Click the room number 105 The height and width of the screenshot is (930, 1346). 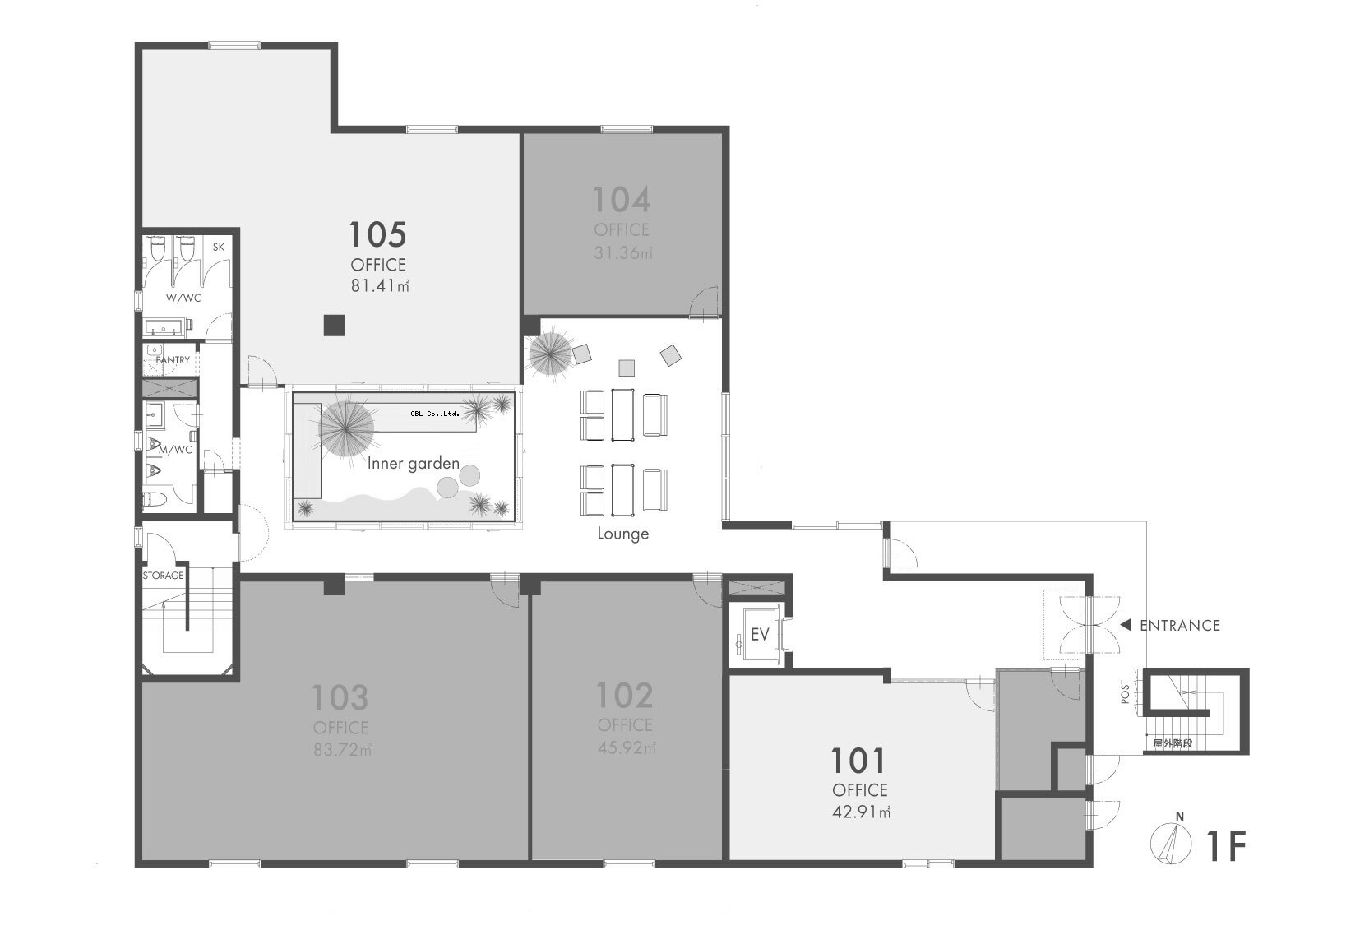click(x=378, y=234)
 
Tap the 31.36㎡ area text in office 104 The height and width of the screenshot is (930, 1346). click(x=623, y=252)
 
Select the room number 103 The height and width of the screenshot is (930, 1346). click(x=340, y=697)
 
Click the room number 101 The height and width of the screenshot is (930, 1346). click(x=858, y=761)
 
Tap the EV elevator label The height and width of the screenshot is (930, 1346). click(x=760, y=635)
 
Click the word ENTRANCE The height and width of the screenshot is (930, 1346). click(x=1180, y=626)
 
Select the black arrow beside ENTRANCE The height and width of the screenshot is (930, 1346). click(x=1126, y=625)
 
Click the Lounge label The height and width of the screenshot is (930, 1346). click(x=623, y=534)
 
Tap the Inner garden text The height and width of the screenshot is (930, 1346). click(x=414, y=463)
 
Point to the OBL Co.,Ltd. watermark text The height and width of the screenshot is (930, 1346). click(x=435, y=414)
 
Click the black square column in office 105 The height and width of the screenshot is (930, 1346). click(x=334, y=325)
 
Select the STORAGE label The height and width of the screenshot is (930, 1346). click(x=163, y=576)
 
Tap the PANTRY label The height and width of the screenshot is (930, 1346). click(x=173, y=360)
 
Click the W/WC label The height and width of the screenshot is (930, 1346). click(x=183, y=298)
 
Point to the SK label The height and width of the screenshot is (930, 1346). click(x=219, y=247)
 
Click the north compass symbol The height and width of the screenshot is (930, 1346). click(x=1171, y=843)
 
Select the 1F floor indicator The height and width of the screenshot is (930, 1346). click(x=1227, y=846)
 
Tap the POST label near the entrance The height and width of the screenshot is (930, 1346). click(x=1126, y=692)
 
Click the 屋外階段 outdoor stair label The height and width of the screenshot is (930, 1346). click(x=1173, y=744)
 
